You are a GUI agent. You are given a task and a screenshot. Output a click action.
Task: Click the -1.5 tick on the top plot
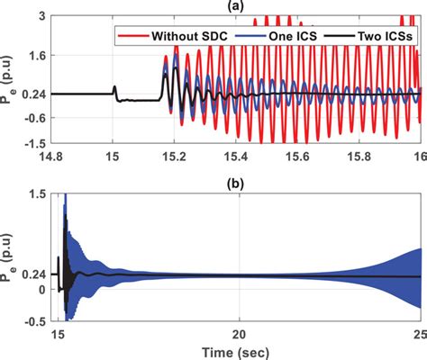(36, 144)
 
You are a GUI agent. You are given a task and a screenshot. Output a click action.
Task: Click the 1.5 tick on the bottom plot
(39, 193)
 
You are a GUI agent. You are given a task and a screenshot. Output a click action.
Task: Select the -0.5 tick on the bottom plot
(36, 319)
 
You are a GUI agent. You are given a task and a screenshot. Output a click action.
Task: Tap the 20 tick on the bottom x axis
(238, 334)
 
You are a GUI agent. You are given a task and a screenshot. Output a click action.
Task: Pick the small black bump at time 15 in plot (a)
(114, 88)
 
